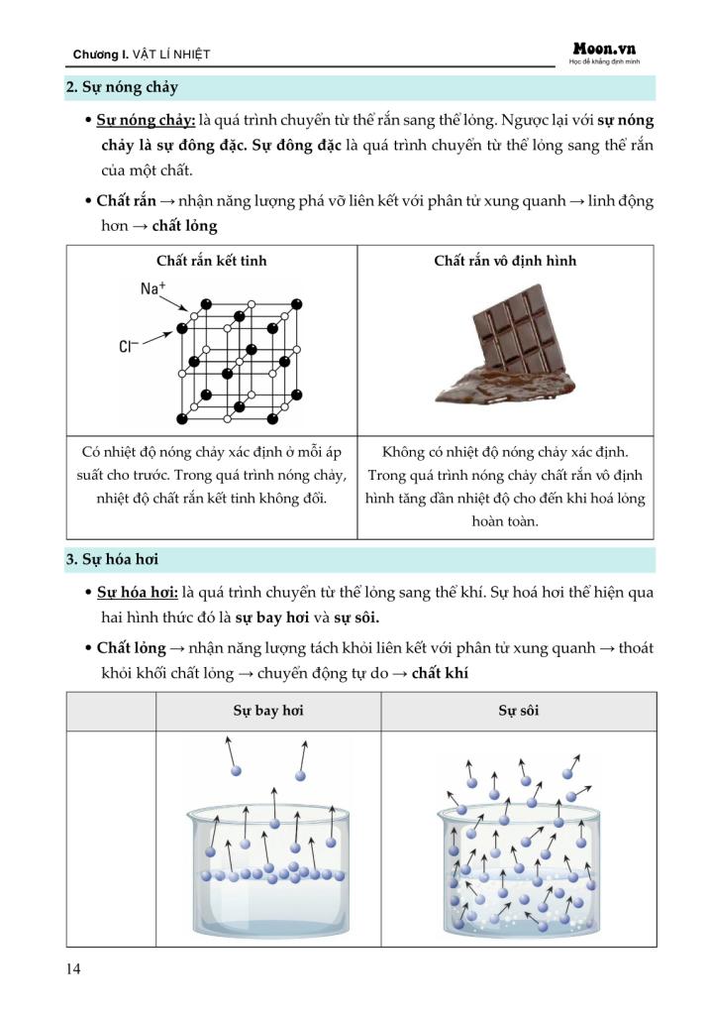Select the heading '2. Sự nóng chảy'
point(122,87)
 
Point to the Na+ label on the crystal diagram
point(152,288)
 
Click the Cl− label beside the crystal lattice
point(128,347)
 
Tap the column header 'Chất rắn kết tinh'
point(211,261)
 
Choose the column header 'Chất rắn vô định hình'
point(505,261)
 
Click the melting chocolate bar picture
point(504,346)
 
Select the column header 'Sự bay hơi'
point(267,712)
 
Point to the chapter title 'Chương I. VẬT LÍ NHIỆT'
point(142,54)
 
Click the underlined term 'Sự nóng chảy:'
point(146,120)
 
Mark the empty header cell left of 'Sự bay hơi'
point(111,712)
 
